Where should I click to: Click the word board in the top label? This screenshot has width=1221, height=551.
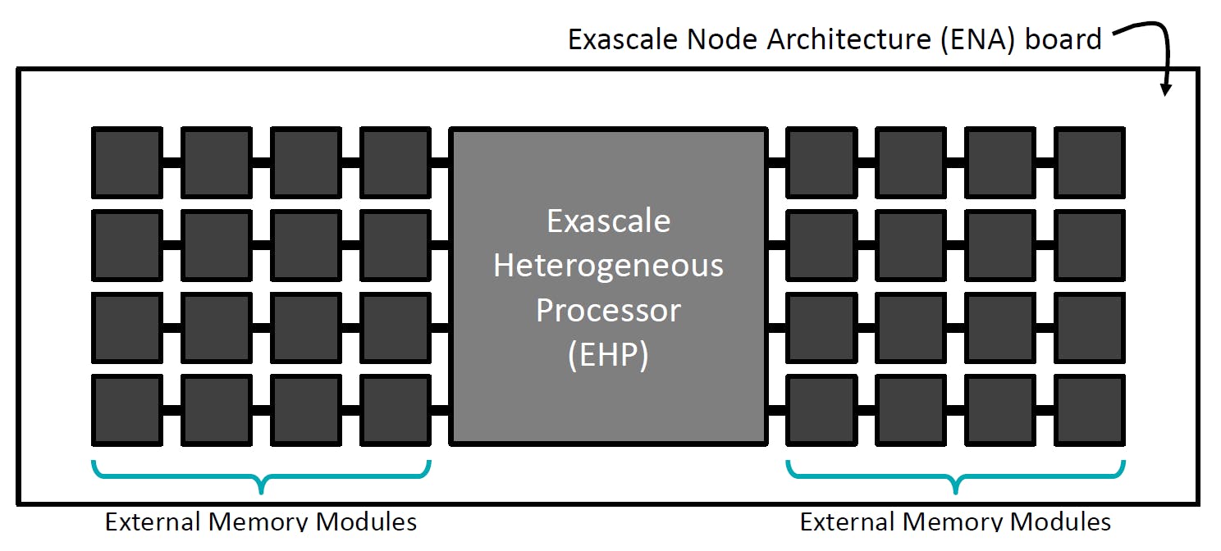(x=1063, y=39)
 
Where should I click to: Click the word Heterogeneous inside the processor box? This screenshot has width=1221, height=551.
(x=608, y=266)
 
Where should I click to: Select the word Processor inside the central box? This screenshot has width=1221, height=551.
(x=608, y=311)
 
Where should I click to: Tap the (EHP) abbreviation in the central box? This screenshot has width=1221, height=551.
(x=608, y=356)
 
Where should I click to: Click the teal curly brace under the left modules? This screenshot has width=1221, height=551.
(x=261, y=476)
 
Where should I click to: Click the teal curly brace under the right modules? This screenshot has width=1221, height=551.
(x=955, y=476)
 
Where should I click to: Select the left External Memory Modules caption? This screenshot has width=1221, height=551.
(x=261, y=521)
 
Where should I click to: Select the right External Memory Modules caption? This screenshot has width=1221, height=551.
(x=955, y=521)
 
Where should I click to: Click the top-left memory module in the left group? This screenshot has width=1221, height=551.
(x=126, y=162)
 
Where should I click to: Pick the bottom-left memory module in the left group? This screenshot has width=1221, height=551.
(x=126, y=409)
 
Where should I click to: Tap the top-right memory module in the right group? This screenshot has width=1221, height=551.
(x=1089, y=162)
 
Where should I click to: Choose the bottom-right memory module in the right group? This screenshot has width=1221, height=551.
(x=1089, y=409)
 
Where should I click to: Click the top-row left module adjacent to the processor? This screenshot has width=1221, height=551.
(x=395, y=162)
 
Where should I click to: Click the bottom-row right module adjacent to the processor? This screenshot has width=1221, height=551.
(x=821, y=409)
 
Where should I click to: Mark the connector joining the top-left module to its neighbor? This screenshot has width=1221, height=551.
(x=171, y=162)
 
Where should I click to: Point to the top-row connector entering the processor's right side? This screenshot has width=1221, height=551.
(x=776, y=162)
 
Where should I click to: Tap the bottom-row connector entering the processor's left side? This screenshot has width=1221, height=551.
(x=440, y=409)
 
